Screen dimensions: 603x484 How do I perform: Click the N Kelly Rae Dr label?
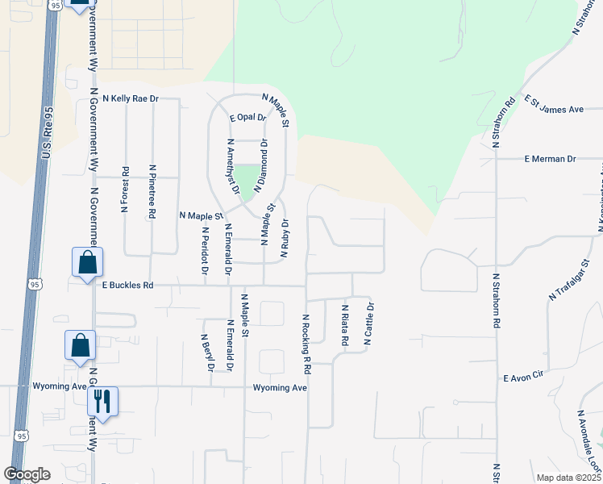pyautogui.click(x=124, y=98)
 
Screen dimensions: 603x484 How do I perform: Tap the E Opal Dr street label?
pyautogui.click(x=247, y=117)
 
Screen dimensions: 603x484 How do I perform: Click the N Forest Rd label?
pyautogui.click(x=125, y=190)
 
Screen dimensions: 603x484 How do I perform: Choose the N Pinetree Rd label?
pyautogui.click(x=152, y=191)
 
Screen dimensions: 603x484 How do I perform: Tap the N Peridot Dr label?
pyautogui.click(x=204, y=250)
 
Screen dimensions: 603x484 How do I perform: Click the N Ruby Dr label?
pyautogui.click(x=284, y=238)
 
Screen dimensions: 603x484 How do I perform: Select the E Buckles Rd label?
pyautogui.click(x=127, y=285)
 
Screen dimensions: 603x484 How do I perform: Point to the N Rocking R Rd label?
pyautogui.click(x=307, y=344)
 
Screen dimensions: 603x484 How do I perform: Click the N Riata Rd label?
pyautogui.click(x=344, y=325)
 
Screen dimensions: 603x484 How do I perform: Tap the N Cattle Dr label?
pyautogui.click(x=370, y=323)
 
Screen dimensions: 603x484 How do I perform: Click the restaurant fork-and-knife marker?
pyautogui.click(x=102, y=399)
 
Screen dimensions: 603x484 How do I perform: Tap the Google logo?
pyautogui.click(x=27, y=474)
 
